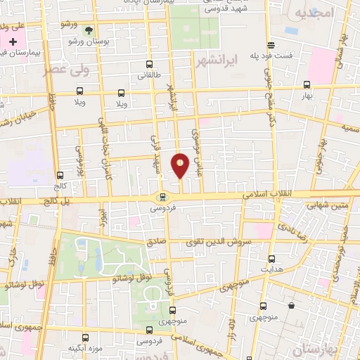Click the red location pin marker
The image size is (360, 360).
pyautogui.click(x=180, y=165)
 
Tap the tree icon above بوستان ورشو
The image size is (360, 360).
pyautogui.click(x=88, y=30)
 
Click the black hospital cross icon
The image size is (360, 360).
pyautogui.click(x=13, y=42)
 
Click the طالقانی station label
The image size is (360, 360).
pyautogui.click(x=148, y=75)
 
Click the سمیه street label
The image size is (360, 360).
pyautogui.click(x=349, y=129)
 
